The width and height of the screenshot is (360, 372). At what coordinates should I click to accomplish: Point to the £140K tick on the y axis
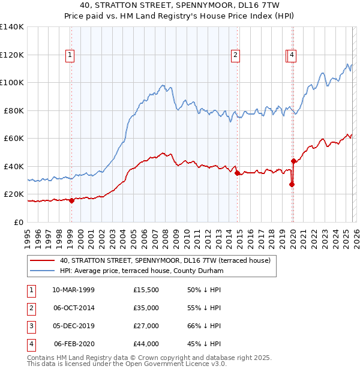click(x=12, y=27)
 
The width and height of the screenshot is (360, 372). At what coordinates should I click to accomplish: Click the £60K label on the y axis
click(x=14, y=139)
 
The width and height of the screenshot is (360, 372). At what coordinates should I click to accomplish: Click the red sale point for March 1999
click(x=71, y=200)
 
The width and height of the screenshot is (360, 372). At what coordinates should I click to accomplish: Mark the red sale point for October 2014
click(x=237, y=173)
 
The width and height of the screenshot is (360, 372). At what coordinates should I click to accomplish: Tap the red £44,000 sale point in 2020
click(x=293, y=161)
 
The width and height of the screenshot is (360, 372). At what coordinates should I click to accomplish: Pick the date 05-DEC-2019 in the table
click(x=73, y=326)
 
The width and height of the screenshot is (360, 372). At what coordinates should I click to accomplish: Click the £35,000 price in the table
click(x=146, y=308)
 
